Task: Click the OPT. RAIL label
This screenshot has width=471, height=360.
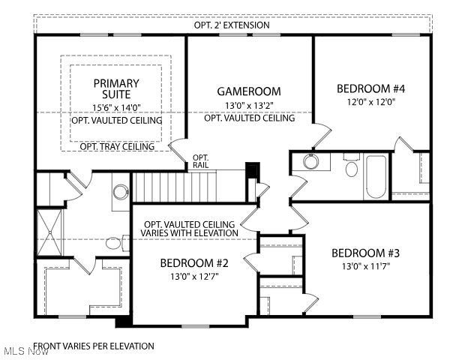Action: click(x=201, y=162)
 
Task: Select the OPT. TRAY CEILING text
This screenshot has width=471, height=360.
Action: click(x=117, y=146)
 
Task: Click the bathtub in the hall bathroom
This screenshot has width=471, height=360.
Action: click(x=375, y=177)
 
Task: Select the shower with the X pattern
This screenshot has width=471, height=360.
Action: click(x=52, y=232)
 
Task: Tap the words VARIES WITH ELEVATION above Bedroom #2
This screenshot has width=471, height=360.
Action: click(x=190, y=233)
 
